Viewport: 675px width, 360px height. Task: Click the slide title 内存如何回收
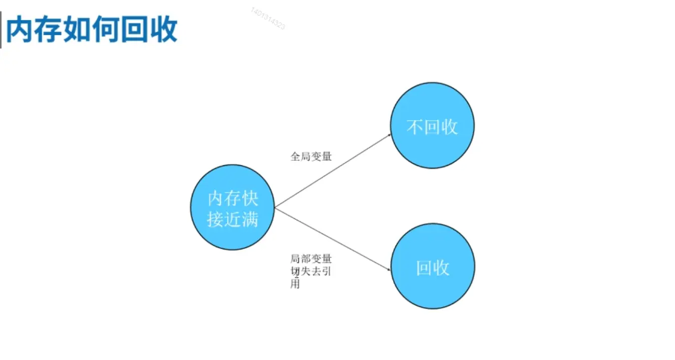coord(92,30)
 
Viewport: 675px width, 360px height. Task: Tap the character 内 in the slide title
coord(20,30)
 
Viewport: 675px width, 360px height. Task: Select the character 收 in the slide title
coord(164,30)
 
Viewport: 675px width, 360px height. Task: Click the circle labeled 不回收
coord(432,125)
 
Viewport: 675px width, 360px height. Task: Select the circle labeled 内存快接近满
coord(232,207)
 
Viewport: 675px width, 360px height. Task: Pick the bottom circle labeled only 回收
coord(433,266)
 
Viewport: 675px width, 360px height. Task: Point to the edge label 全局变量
coord(311,157)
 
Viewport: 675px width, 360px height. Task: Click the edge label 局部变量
coord(311,259)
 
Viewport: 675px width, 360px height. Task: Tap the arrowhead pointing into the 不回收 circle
coord(389,135)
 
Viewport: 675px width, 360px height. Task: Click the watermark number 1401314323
coord(268,18)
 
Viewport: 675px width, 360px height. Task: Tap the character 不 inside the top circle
coord(415,127)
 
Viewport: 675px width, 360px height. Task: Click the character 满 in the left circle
coord(249,219)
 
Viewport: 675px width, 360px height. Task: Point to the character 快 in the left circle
coord(249,198)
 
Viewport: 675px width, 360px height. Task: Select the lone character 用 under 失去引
coord(295,284)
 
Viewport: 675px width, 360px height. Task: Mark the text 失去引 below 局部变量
coord(316,271)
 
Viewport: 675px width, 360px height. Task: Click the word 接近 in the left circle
coord(224,219)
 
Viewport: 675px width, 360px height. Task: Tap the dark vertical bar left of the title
coord(1,30)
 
